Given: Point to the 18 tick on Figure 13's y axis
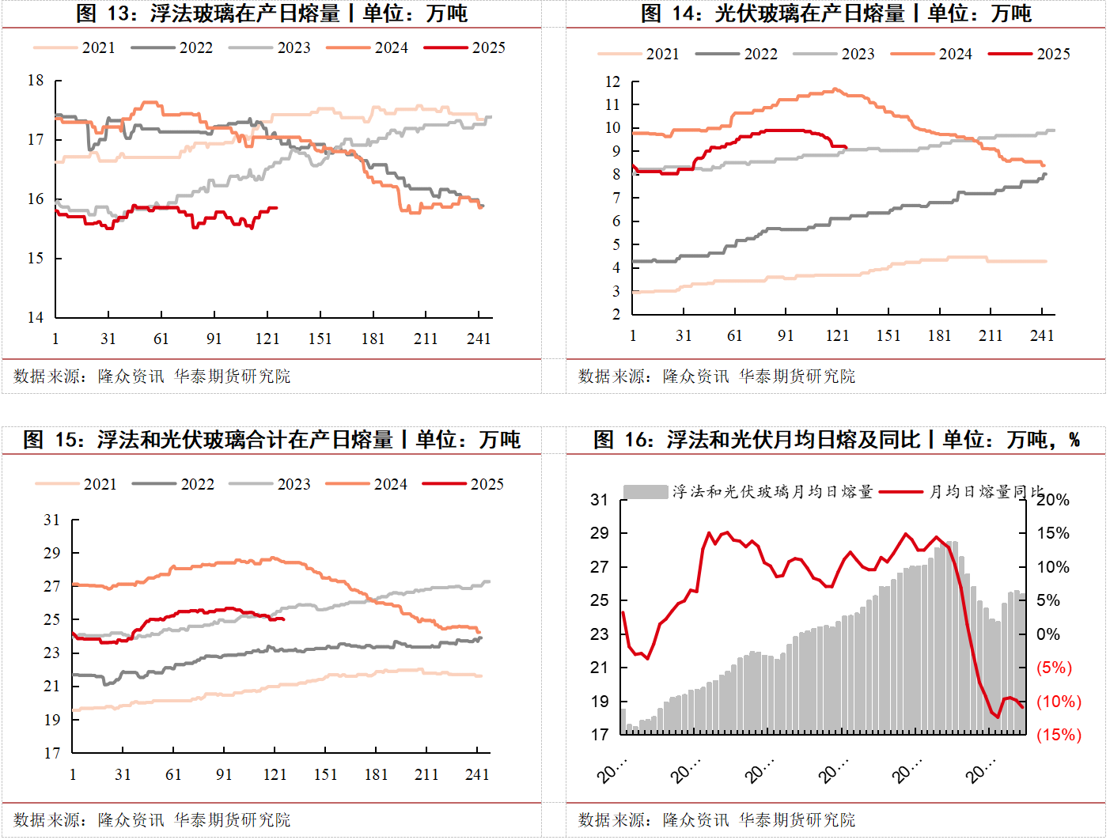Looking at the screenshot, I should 36,80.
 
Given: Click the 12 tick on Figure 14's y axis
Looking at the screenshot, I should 612,81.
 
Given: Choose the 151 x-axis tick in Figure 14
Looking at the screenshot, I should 888,335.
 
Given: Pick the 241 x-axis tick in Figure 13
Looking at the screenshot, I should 479,339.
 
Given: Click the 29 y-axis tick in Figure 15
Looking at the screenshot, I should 51,553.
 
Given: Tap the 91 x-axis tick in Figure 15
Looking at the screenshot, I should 224,774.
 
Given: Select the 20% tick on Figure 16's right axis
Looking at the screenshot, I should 1053,500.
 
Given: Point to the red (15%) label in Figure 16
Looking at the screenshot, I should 1059,735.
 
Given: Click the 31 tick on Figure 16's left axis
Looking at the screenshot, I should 600,500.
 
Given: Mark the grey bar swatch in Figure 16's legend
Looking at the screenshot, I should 646,492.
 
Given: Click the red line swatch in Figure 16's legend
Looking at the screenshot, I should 901,492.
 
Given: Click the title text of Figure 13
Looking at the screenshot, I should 271,13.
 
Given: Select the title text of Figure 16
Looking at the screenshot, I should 836,440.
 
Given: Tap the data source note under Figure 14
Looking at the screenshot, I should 717,376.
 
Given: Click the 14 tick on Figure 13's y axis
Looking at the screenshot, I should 36,317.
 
